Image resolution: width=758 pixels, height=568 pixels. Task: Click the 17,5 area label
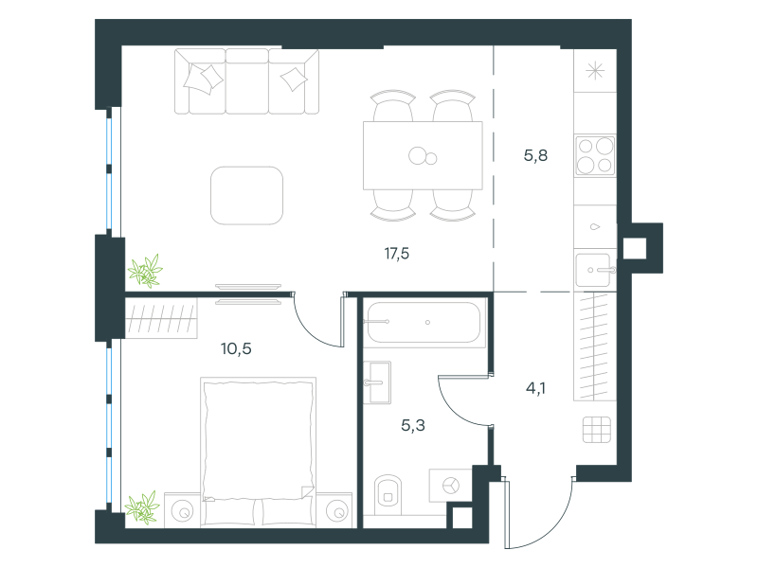tap(397, 254)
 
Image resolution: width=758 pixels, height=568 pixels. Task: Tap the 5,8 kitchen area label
tap(535, 155)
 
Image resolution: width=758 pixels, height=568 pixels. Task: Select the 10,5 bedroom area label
tap(236, 348)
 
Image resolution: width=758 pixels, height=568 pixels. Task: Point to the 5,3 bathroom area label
tap(413, 425)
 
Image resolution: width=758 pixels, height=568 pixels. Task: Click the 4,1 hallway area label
tap(535, 388)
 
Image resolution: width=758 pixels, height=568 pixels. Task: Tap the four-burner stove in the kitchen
tap(595, 155)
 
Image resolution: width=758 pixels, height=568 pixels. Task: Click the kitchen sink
tap(595, 270)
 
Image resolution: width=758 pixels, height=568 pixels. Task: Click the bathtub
tap(424, 322)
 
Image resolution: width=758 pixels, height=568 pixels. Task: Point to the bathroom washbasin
tap(377, 382)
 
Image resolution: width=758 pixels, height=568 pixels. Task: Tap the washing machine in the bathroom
tap(451, 486)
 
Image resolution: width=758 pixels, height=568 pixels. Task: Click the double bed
tap(258, 452)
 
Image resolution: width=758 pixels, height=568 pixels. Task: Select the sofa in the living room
tap(246, 81)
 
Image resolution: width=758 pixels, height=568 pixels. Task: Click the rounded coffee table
tap(246, 196)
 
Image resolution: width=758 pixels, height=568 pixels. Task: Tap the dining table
tap(423, 155)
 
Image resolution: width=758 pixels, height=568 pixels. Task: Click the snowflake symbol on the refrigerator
tap(595, 72)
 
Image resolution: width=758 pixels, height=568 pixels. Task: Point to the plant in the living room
tap(145, 271)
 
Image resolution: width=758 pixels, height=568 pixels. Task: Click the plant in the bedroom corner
tap(142, 507)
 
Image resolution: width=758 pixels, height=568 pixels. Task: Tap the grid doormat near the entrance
tap(597, 430)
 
